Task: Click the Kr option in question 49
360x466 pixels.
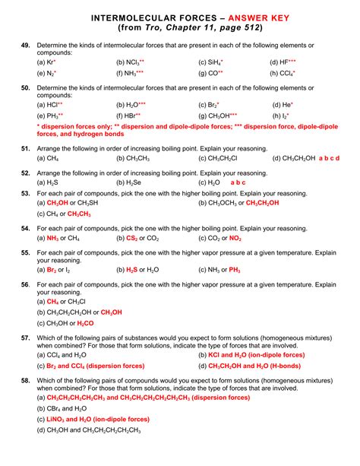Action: click(x=49, y=62)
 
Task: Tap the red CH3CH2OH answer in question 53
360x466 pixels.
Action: click(x=262, y=203)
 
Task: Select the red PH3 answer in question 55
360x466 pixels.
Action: click(x=234, y=270)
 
